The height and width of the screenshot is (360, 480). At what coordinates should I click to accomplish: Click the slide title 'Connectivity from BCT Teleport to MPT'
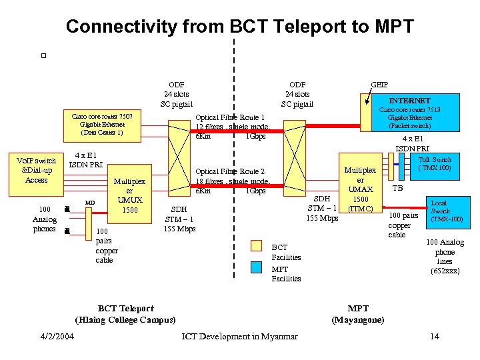click(239, 27)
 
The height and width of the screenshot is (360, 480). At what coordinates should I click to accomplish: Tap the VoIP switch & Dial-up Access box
click(36, 170)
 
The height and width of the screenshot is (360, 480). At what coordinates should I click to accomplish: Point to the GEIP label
click(379, 85)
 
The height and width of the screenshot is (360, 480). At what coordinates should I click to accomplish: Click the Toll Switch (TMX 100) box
click(434, 164)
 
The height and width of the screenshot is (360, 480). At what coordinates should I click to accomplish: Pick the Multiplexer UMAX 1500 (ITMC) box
click(360, 189)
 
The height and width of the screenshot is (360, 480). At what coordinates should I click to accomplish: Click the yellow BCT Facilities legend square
click(257, 245)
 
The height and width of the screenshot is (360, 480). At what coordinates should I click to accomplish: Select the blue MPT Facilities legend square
click(257, 267)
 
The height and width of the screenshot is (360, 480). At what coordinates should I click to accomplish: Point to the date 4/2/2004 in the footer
click(57, 336)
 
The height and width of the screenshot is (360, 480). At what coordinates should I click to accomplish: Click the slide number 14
click(435, 336)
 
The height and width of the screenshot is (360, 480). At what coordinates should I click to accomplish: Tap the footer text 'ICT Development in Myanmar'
click(240, 336)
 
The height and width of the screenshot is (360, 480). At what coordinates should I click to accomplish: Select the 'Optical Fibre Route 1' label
click(229, 117)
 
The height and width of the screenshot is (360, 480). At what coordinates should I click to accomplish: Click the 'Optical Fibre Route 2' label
click(229, 171)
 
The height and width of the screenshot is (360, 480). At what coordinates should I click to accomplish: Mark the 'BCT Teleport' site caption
click(125, 308)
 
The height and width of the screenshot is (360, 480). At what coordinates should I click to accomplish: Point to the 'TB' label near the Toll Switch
click(397, 188)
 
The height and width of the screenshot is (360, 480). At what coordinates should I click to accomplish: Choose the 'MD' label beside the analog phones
click(89, 202)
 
